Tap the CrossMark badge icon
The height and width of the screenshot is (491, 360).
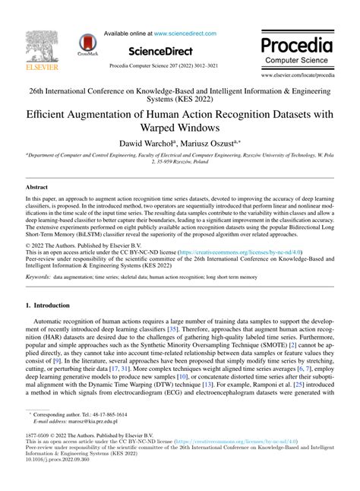(92, 47)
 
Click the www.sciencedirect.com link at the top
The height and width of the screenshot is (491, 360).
(185, 33)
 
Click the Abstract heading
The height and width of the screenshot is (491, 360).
(38, 186)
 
